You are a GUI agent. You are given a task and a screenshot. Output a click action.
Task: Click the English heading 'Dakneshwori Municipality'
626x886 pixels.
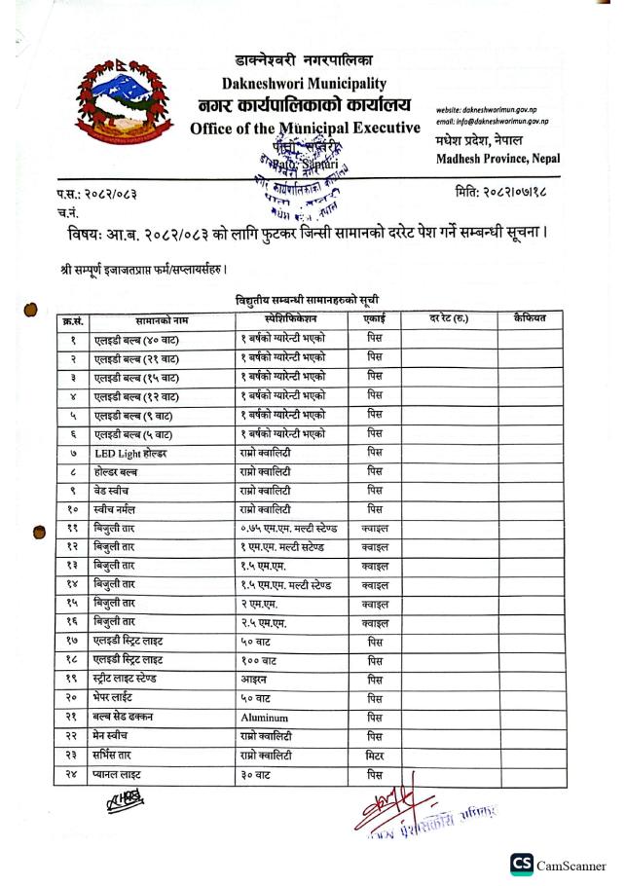[304, 85]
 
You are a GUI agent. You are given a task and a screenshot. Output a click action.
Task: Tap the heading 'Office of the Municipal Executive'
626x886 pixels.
[306, 128]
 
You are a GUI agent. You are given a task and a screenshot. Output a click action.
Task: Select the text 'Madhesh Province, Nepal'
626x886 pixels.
[493, 159]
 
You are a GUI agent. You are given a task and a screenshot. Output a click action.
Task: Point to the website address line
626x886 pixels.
[492, 111]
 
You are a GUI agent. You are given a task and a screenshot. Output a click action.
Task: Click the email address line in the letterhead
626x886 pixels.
[494, 122]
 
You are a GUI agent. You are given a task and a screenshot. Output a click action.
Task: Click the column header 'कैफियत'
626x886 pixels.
[533, 318]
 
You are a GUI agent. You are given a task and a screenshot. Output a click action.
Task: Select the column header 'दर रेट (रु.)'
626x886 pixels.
[448, 318]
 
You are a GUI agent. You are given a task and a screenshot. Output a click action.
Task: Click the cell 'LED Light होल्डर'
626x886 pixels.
[130, 454]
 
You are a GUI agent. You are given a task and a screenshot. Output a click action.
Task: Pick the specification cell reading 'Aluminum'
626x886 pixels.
[265, 717]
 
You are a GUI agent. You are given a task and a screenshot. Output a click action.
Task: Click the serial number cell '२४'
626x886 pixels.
[72, 774]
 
